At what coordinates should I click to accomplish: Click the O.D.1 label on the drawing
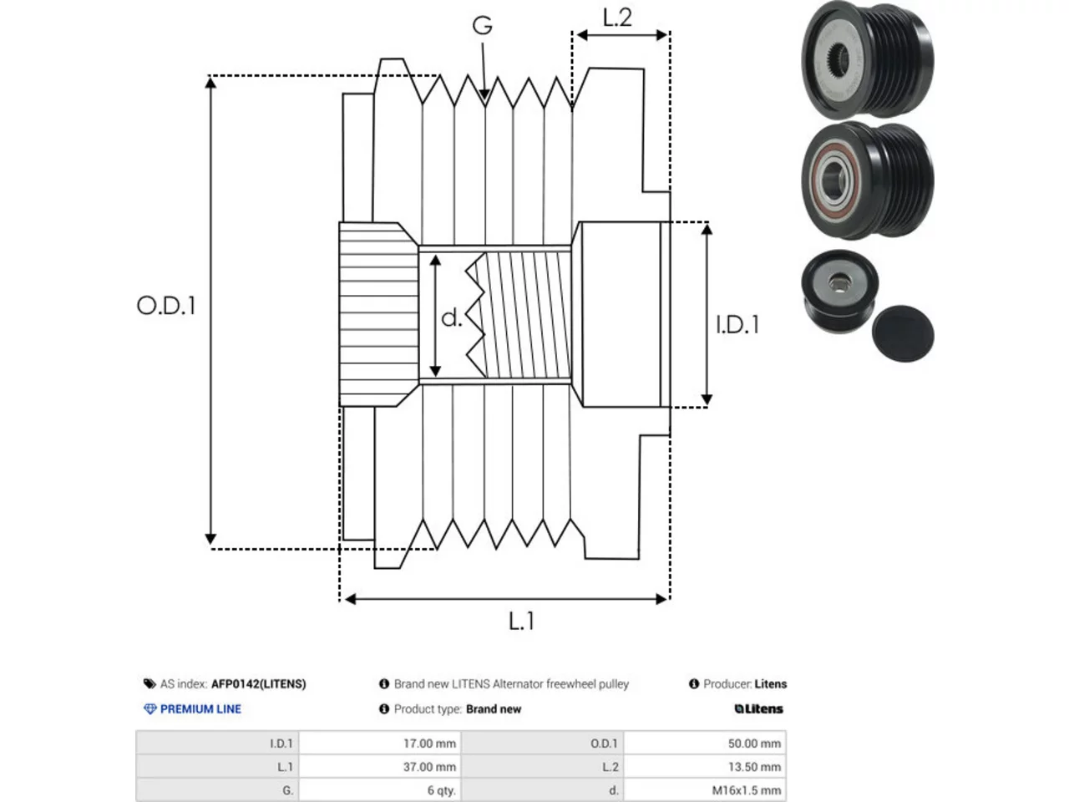click(166, 306)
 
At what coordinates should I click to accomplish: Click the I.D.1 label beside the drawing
click(737, 325)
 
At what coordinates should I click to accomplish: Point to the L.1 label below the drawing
click(522, 622)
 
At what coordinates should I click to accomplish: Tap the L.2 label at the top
click(617, 18)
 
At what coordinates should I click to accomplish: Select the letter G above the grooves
click(482, 26)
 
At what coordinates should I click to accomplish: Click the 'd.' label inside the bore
click(451, 318)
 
